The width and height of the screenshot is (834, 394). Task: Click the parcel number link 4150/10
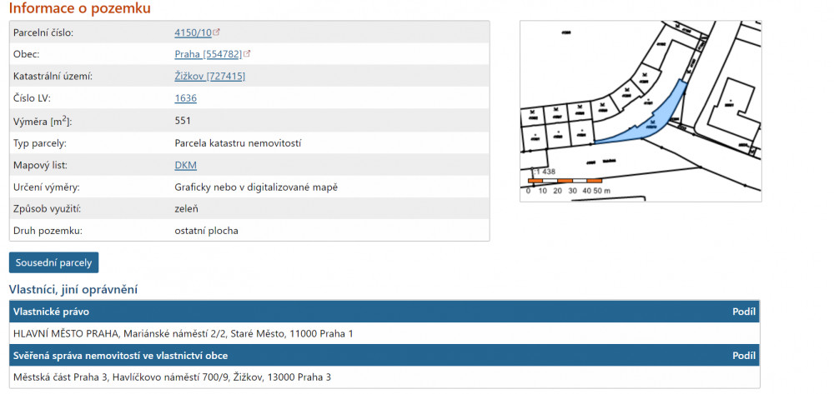point(193,32)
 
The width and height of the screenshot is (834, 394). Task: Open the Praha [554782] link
point(208,54)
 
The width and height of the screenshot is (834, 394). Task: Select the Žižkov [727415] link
point(209,77)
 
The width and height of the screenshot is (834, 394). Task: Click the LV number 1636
point(186,98)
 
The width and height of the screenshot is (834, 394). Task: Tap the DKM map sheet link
point(186,165)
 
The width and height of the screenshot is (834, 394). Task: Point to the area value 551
point(183,121)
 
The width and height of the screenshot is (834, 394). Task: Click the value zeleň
point(186,209)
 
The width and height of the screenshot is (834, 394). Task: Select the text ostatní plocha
point(206,231)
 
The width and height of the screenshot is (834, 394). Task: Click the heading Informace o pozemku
point(80,8)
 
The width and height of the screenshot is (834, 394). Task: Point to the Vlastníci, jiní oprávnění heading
point(73,289)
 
